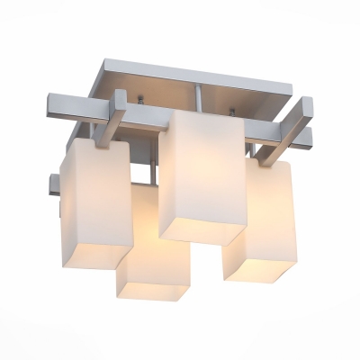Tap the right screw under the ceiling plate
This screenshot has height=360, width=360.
[232, 112]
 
